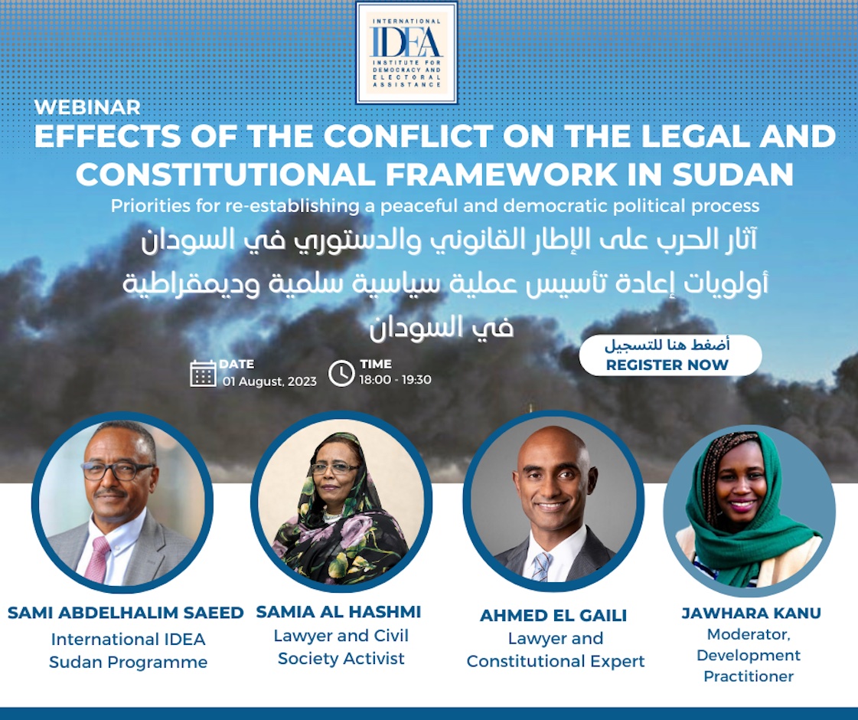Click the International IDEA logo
[x=406, y=52]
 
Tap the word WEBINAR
[x=88, y=107]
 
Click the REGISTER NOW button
[x=670, y=356]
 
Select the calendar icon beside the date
[x=203, y=373]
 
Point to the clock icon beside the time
[x=341, y=373]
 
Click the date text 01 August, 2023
[x=269, y=381]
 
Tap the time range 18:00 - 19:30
[x=395, y=380]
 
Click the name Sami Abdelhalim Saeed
[x=126, y=613]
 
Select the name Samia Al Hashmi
[x=338, y=612]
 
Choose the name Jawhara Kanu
[x=751, y=613]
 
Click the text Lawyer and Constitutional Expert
[x=556, y=650]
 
